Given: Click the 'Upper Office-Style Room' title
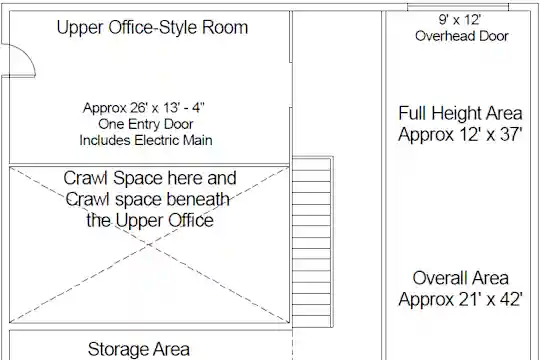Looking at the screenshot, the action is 152,28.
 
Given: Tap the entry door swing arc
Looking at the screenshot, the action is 29,56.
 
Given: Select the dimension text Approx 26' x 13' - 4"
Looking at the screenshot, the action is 144,108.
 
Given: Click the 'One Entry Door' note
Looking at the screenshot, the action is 146,124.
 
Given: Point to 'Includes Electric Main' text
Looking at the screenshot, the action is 146,140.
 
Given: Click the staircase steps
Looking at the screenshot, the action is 311,242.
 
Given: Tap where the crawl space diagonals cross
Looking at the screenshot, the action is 149,245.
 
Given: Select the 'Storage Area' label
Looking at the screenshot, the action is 139,349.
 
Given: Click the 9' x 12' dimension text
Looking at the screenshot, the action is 460,20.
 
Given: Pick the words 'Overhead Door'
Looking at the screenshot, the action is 462,36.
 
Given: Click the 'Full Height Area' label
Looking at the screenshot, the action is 460,113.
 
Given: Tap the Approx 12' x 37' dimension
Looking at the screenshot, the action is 460,134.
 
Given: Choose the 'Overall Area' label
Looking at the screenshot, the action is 460,278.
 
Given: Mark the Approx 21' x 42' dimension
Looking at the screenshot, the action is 460,299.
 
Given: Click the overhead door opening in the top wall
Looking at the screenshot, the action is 458,7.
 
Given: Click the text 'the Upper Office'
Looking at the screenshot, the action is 150,221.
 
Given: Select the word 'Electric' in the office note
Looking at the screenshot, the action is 157,140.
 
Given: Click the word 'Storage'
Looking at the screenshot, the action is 118,349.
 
